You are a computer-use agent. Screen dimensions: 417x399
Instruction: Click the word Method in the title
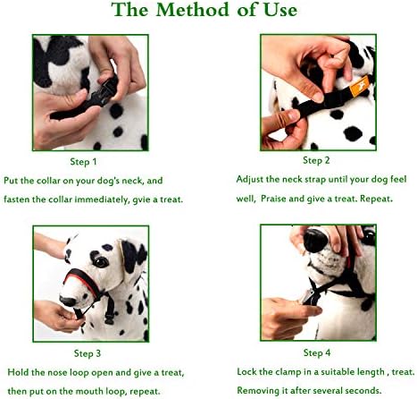[x=192, y=10]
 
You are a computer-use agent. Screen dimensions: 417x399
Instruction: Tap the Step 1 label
[x=83, y=162]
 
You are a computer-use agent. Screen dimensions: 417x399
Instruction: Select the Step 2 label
[x=316, y=160]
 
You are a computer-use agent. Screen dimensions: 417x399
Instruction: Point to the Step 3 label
[x=88, y=353]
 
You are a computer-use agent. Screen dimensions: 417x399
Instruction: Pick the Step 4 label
[x=317, y=352]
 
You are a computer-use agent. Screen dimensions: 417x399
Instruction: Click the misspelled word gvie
[x=141, y=199]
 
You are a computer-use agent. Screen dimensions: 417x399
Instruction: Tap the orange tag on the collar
[x=359, y=86]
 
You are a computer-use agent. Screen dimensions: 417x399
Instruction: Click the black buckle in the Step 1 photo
[x=107, y=90]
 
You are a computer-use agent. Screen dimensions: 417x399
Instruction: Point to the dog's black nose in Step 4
[x=315, y=240]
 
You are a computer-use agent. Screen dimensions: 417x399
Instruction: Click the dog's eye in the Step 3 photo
[x=100, y=261]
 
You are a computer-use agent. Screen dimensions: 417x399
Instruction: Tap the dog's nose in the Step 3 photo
[x=68, y=301]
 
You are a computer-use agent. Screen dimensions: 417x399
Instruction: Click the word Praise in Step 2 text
[x=273, y=199]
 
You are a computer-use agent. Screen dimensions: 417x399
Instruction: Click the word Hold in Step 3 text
[x=18, y=372]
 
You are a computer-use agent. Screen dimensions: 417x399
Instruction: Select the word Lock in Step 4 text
[x=246, y=371]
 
